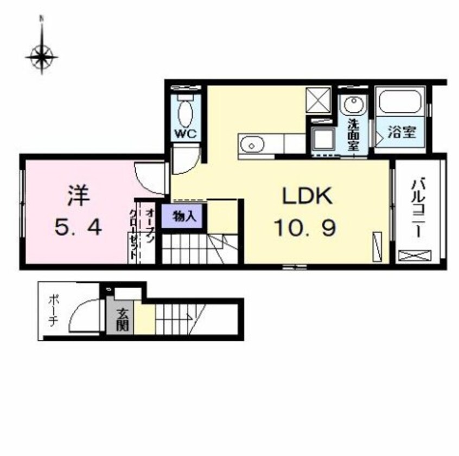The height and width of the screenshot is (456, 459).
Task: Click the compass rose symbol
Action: [42, 55]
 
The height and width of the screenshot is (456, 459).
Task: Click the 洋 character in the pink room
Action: [78, 196]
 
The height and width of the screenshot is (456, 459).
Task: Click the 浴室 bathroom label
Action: [402, 132]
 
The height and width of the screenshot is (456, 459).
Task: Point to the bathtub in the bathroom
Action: [401, 102]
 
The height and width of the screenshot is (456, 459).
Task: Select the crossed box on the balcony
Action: [415, 255]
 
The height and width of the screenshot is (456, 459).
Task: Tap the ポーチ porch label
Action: [53, 311]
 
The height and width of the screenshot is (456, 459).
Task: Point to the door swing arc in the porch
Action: [84, 314]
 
